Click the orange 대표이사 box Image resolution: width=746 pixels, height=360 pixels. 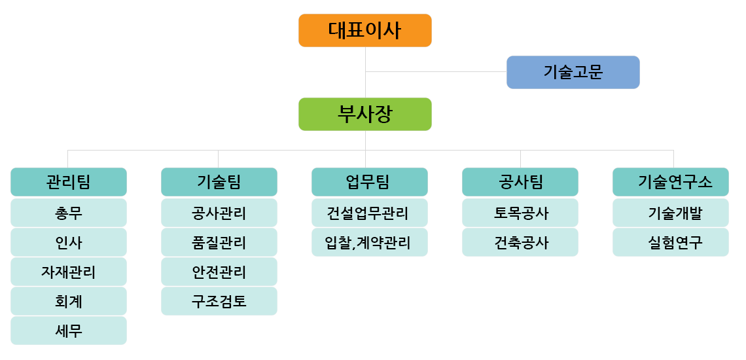click(x=365, y=31)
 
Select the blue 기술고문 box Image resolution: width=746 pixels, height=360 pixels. click(x=573, y=73)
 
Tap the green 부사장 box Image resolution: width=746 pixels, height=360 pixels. click(x=365, y=115)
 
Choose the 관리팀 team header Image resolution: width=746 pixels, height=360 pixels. click(x=69, y=182)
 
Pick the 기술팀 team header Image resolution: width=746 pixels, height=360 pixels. click(x=219, y=182)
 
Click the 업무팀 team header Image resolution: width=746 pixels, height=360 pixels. click(x=370, y=182)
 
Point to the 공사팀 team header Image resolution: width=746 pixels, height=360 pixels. click(x=520, y=182)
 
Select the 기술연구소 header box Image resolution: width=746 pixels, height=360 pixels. click(x=670, y=182)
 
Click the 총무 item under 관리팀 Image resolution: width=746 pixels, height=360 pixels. click(x=69, y=213)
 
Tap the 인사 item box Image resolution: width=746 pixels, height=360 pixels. click(x=69, y=242)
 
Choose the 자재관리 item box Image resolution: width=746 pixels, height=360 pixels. click(x=69, y=272)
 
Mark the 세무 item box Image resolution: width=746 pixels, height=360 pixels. click(x=69, y=331)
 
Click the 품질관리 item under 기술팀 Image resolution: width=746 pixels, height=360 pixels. click(x=219, y=242)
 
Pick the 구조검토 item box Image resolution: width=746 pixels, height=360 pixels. click(x=219, y=301)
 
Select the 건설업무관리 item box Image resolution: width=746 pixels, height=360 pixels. click(x=370, y=213)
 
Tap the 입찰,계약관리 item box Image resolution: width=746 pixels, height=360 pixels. click(x=370, y=242)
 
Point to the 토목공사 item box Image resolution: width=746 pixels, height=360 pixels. click(x=520, y=213)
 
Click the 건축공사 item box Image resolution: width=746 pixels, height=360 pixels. click(x=520, y=242)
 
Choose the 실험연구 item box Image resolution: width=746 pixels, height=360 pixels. click(x=670, y=242)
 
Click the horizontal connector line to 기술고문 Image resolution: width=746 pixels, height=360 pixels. click(x=436, y=72)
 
